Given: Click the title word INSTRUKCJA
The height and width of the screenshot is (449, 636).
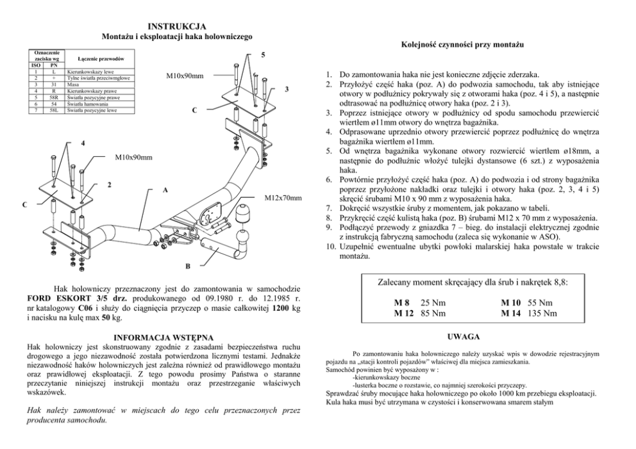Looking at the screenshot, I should pyautogui.click(x=176, y=26).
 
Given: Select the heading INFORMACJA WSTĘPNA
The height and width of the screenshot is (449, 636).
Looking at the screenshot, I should pyautogui.click(x=163, y=337).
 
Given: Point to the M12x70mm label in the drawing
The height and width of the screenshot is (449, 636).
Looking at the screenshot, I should pyautogui.click(x=283, y=198).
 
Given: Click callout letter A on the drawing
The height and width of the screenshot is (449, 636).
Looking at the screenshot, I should pyautogui.click(x=165, y=190).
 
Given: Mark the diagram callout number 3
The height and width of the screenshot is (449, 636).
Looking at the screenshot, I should pyautogui.click(x=288, y=88).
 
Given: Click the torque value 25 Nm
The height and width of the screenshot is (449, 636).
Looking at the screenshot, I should pyautogui.click(x=433, y=302).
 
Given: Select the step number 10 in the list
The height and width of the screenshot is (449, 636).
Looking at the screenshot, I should pyautogui.click(x=330, y=247).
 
